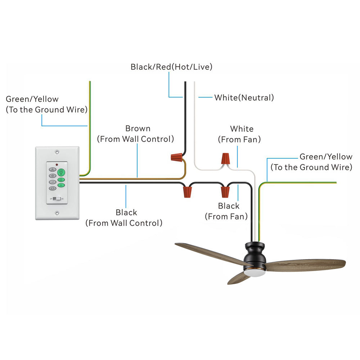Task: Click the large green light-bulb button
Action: coord(61,172)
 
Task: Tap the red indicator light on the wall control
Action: coord(57,165)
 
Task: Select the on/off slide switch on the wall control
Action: coord(57,199)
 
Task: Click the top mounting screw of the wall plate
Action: coord(57,152)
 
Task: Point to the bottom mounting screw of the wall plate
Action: coord(57,213)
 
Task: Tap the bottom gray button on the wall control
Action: coord(53,188)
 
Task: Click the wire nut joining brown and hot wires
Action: coord(177,158)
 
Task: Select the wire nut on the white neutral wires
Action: coord(225,158)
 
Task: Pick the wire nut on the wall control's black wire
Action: coord(187,192)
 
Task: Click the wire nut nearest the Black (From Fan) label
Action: coord(225,192)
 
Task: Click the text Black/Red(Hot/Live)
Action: coord(171,67)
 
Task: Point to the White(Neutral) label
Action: coord(244,98)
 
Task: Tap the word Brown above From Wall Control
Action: coord(138,129)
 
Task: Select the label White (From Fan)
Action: coord(239,134)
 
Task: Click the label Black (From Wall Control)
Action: coord(124,218)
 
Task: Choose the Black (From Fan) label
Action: coord(226,211)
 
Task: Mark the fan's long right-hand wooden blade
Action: coord(305,265)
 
